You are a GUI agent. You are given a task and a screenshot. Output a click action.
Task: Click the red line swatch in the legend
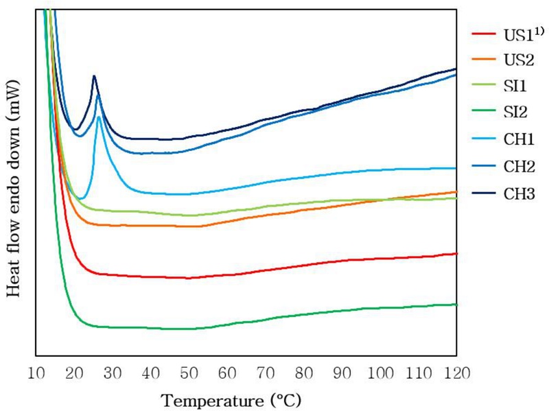click(x=484, y=34)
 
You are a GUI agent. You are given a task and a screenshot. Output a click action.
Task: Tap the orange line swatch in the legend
click(x=484, y=60)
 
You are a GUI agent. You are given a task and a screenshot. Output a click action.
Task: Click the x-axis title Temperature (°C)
click(x=231, y=399)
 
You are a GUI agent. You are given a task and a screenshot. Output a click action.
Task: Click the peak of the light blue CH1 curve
click(x=100, y=117)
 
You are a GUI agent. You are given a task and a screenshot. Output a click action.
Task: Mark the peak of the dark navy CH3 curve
click(x=94, y=75)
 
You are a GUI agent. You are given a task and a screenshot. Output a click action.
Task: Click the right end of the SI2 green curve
click(x=456, y=304)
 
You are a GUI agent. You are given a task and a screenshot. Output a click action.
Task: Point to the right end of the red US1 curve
click(x=456, y=253)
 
